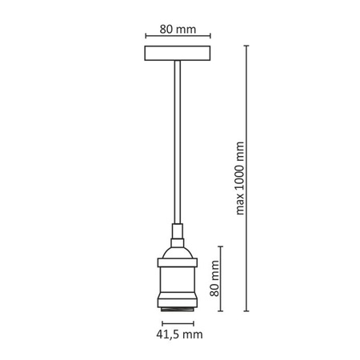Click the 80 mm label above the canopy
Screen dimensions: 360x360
178,30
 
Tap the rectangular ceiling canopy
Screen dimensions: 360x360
178,56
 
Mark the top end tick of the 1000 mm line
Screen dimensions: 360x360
246,46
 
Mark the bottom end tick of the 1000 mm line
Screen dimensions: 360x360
246,309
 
